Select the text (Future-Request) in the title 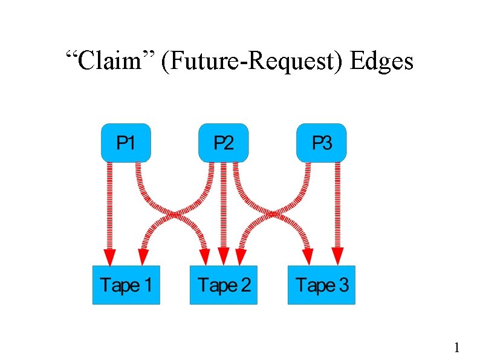248,61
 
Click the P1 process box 126,143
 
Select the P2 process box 224,143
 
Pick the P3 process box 322,143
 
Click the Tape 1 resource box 126,285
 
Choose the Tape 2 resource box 224,285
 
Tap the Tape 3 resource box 322,285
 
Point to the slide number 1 457,347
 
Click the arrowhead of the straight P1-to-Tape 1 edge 109,257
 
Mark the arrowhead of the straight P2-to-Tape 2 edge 224,257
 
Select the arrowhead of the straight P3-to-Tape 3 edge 338,257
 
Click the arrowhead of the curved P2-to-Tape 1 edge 142,257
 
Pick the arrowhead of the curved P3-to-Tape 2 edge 240,257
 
